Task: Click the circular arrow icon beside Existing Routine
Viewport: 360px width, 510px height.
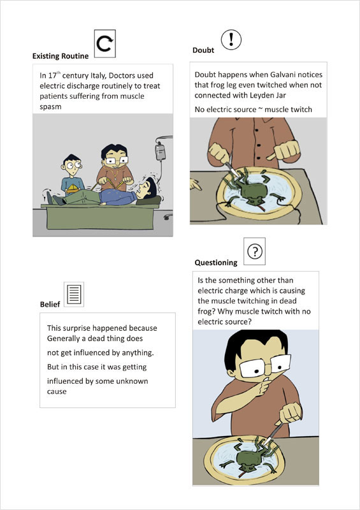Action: point(105,43)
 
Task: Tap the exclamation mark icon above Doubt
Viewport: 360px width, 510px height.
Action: point(231,40)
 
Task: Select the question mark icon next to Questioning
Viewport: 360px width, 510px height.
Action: point(255,251)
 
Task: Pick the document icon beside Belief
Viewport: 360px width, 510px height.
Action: point(74,295)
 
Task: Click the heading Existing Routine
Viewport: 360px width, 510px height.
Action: point(61,56)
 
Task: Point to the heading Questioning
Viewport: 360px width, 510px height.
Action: point(216,263)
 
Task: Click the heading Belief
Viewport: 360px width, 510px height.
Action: point(50,304)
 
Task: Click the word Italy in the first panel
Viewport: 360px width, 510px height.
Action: point(96,75)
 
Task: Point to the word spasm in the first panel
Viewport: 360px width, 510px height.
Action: point(50,107)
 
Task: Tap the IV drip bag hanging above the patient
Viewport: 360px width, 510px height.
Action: point(160,152)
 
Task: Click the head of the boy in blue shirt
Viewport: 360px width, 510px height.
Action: point(71,165)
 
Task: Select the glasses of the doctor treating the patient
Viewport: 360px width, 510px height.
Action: point(115,161)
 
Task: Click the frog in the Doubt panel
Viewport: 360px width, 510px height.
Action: point(253,190)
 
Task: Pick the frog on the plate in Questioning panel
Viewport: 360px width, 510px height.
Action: point(254,458)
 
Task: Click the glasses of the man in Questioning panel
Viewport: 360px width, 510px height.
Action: point(265,366)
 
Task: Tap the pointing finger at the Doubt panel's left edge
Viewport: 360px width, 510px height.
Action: point(195,184)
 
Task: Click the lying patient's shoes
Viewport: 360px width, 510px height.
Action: point(54,198)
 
